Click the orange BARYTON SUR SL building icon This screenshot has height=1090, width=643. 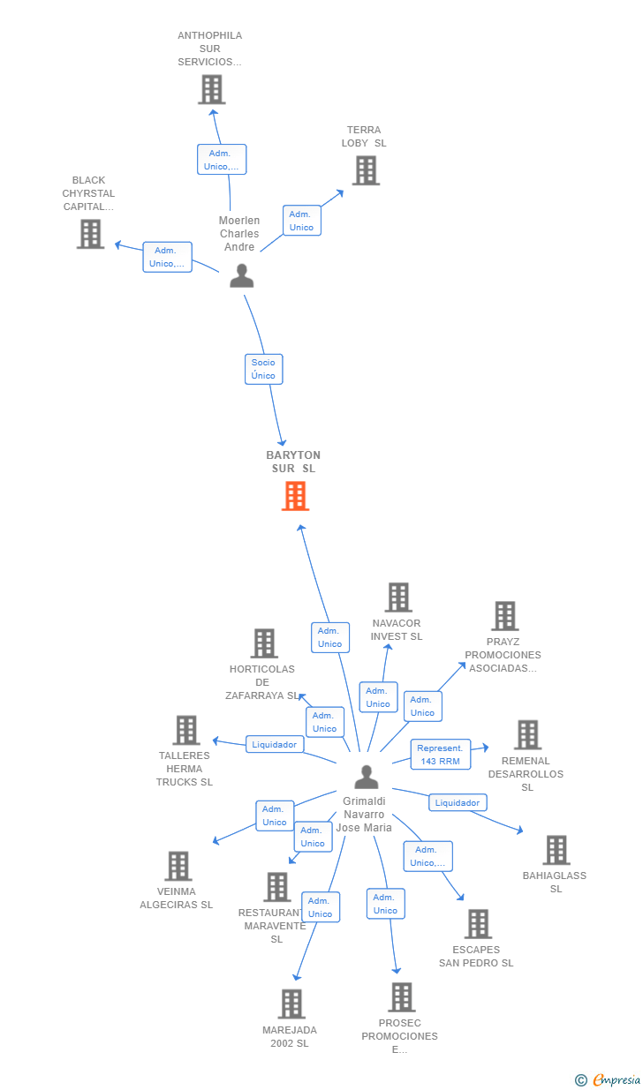pos(295,496)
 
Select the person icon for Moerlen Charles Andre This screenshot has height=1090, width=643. pos(242,275)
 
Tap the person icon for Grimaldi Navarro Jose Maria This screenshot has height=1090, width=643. pos(367,777)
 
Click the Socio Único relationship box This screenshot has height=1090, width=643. pos(263,369)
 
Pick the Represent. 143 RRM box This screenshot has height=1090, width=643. pos(441,755)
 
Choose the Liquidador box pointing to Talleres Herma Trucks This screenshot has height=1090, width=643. pos(275,744)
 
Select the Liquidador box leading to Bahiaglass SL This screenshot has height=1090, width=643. pos(458,802)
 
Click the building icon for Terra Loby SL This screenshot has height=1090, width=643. pos(366,170)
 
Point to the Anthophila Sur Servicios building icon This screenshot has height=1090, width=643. pos(212,89)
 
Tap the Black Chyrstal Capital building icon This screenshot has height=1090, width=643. pos(91,234)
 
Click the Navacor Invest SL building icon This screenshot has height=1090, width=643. pos(398,597)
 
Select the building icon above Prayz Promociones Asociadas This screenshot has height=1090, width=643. pos(504,615)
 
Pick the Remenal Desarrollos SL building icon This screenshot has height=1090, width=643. pos(528,735)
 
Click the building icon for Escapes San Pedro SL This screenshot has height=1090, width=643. pos(478,923)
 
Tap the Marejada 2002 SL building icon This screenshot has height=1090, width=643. pos(291,1004)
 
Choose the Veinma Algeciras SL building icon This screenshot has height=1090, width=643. pos(178,866)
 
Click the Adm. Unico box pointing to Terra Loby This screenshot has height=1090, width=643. pos(302,221)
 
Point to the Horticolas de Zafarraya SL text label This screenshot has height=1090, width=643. pos(262,682)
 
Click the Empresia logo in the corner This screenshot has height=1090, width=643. pos(608,1080)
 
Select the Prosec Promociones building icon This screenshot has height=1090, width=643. pos(402,997)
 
